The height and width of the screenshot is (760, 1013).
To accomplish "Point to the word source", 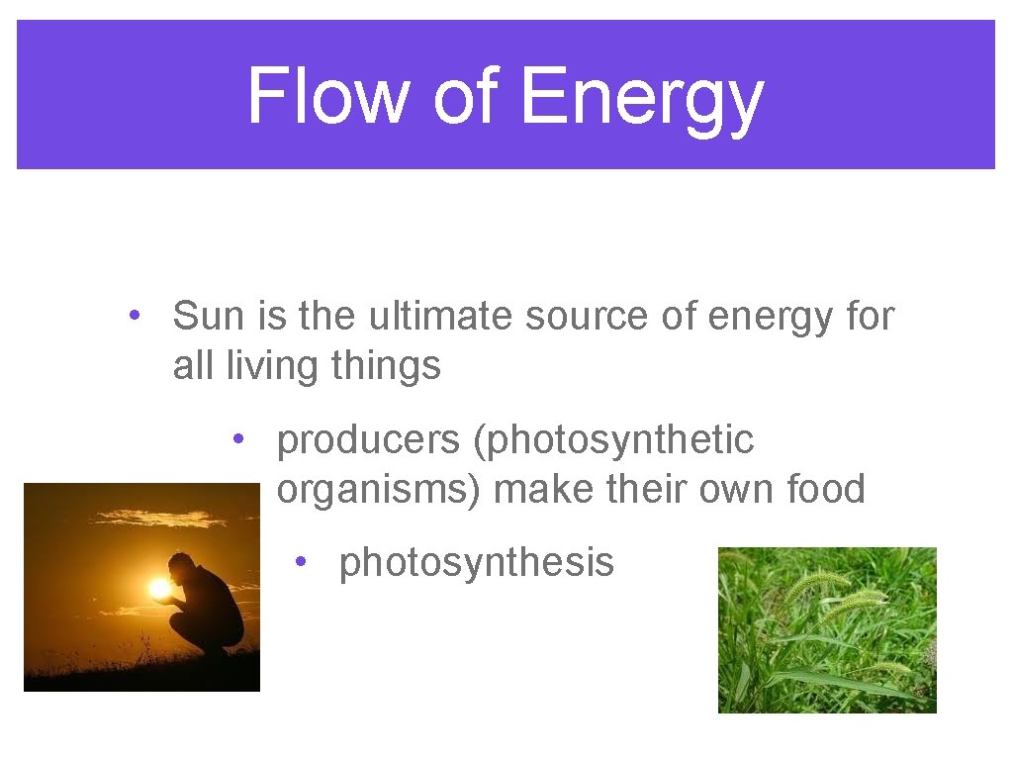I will [583, 317].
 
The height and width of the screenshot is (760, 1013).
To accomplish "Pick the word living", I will [271, 366].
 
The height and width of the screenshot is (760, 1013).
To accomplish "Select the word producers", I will [367, 441].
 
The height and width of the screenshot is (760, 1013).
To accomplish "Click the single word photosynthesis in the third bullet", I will [476, 562].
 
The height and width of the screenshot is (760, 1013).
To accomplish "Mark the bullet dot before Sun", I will [132, 316].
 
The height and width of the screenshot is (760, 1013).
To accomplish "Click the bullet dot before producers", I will [237, 439].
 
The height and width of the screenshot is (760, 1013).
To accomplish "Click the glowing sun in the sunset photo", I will [159, 589].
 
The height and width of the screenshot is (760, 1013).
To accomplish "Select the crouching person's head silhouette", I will [181, 565].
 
